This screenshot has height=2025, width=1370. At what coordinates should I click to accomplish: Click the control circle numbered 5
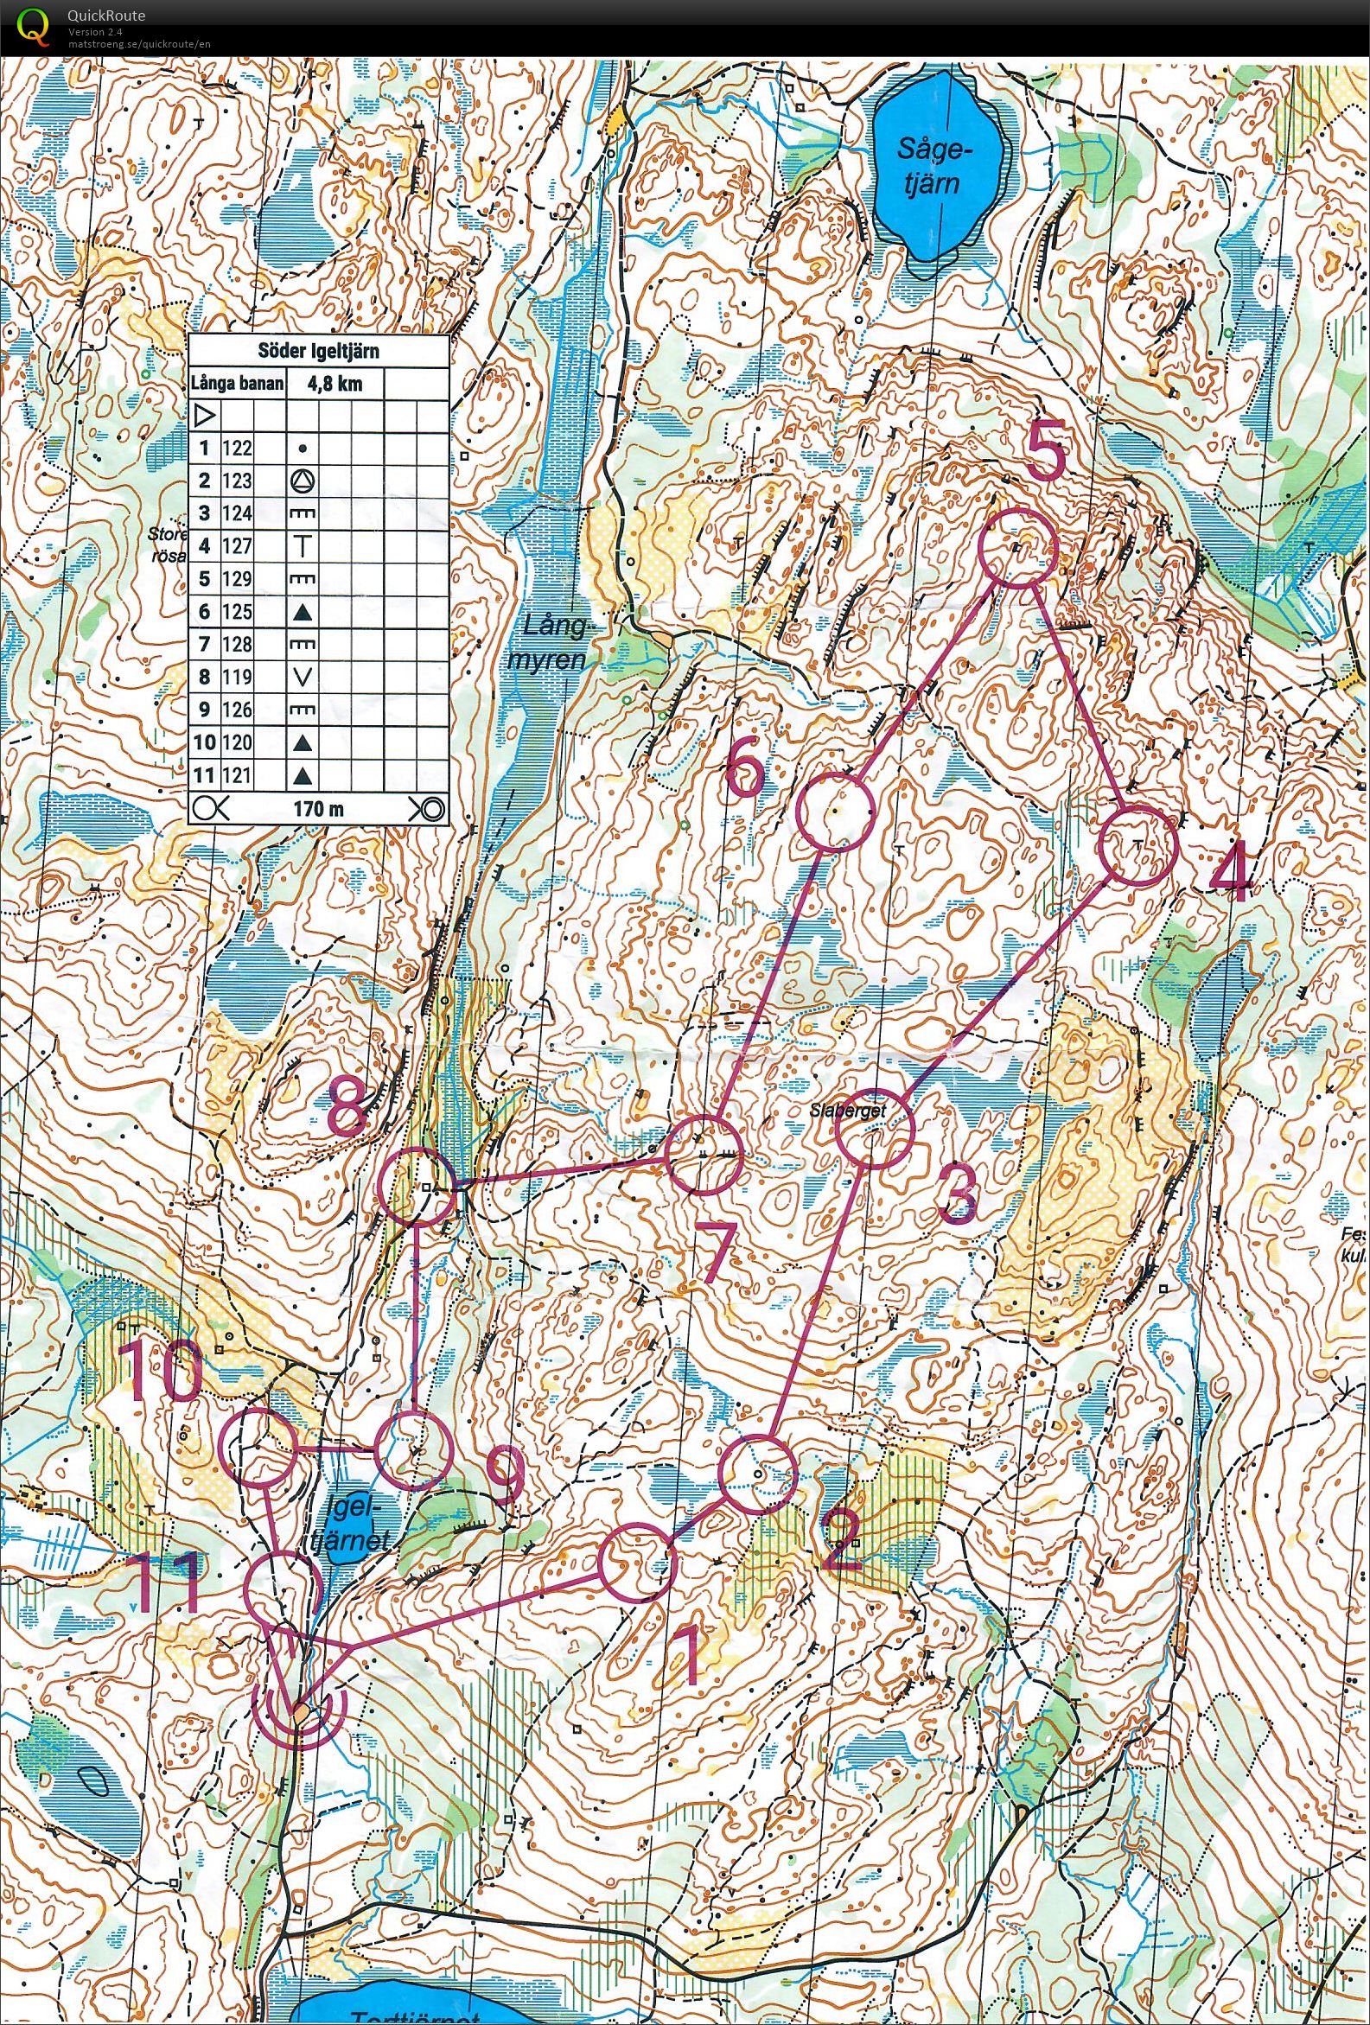click(1017, 547)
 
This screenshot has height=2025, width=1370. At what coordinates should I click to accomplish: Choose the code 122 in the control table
click(236, 448)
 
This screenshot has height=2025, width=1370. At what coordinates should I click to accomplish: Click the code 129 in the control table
click(236, 578)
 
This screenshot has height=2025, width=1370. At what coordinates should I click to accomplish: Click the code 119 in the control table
click(236, 677)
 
